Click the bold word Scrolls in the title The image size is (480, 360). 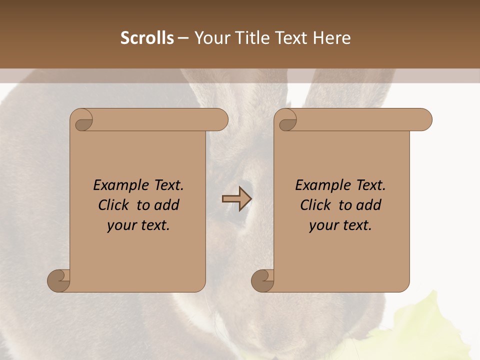click(147, 38)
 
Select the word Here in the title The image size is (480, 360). click(332, 38)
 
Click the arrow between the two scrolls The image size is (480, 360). click(237, 199)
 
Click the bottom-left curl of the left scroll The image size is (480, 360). click(59, 280)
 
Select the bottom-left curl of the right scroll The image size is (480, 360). click(263, 280)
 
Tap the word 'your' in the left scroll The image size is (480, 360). click(121, 225)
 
